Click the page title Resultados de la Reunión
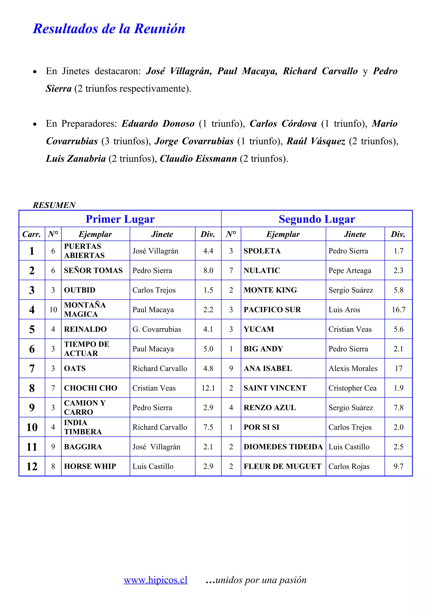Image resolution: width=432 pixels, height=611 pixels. point(109,29)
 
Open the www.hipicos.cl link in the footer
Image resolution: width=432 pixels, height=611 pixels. point(155,580)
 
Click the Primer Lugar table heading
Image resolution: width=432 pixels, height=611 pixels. point(120,219)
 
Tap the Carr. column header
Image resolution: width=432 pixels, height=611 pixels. point(32,234)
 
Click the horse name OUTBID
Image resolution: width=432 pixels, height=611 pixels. point(80,290)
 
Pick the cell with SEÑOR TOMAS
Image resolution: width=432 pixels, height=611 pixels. point(93,270)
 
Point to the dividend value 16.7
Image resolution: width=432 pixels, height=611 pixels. point(398,310)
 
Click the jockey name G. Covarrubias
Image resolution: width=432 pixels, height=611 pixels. point(157,329)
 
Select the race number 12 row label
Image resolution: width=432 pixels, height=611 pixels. point(32,466)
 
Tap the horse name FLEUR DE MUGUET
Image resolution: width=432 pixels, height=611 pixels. point(282,466)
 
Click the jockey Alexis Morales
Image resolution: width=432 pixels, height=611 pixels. point(353,368)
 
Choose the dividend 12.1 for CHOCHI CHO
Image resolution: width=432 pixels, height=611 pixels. point(208,388)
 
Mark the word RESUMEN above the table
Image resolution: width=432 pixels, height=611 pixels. point(54,205)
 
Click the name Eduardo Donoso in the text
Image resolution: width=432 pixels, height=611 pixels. point(158,124)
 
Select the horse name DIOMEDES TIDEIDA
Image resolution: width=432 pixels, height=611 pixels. point(283,447)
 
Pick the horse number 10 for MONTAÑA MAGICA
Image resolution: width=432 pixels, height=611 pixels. point(53,310)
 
